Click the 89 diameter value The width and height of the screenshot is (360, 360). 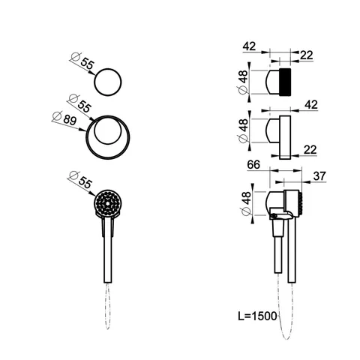coord(70,120)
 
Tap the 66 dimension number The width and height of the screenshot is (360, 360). coord(253,165)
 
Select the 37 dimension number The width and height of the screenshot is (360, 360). coord(319,176)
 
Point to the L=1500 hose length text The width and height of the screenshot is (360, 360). coord(258,316)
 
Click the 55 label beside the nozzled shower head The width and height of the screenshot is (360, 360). coord(85,183)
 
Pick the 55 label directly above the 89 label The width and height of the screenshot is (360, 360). coord(84,106)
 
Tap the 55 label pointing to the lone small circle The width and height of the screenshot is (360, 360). coord(87,64)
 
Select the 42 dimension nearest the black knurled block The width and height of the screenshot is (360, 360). coord(249,46)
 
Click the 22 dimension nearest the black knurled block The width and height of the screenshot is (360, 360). coord(307,55)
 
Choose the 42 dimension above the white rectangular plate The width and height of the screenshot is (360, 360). coord(311,104)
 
